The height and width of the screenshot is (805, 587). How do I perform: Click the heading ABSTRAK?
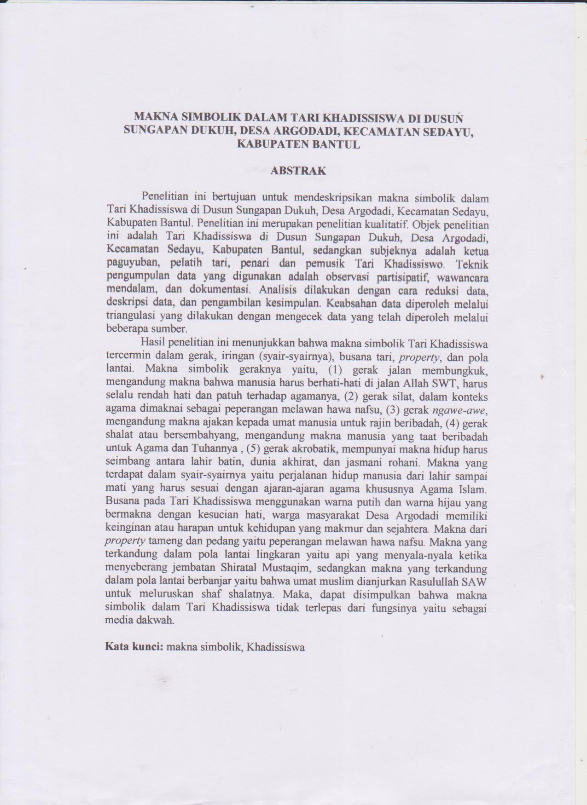(x=298, y=171)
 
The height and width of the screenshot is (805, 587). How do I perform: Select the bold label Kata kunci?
(x=134, y=646)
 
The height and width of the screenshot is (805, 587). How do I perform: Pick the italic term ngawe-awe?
(x=460, y=409)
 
